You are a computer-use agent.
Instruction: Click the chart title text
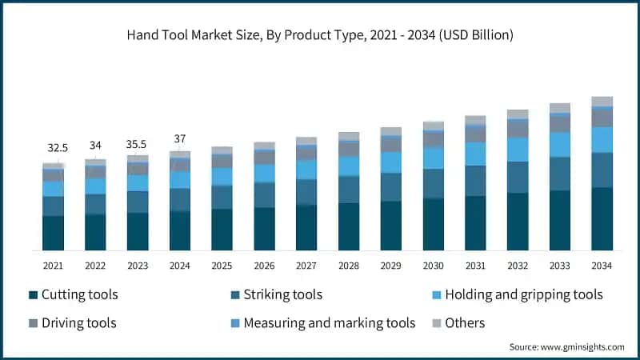pyautogui.click(x=319, y=35)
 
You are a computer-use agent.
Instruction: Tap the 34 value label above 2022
pyautogui.click(x=95, y=145)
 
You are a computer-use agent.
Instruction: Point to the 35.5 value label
pyautogui.click(x=138, y=144)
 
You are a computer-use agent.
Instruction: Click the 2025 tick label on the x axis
pyautogui.click(x=222, y=266)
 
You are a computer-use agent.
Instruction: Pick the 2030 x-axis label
pyautogui.click(x=433, y=266)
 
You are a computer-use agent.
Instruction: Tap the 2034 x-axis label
pyautogui.click(x=602, y=266)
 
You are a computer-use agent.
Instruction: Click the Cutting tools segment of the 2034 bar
pyautogui.click(x=602, y=218)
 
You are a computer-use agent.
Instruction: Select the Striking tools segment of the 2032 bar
pyautogui.click(x=518, y=177)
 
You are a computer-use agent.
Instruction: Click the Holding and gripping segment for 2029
pyautogui.click(x=391, y=162)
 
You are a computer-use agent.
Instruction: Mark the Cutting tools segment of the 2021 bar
pyautogui.click(x=53, y=233)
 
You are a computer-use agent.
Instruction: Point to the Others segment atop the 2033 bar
pyautogui.click(x=560, y=108)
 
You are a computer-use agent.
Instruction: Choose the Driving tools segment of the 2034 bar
pyautogui.click(x=602, y=118)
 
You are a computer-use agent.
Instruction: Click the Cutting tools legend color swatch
pyautogui.click(x=33, y=295)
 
